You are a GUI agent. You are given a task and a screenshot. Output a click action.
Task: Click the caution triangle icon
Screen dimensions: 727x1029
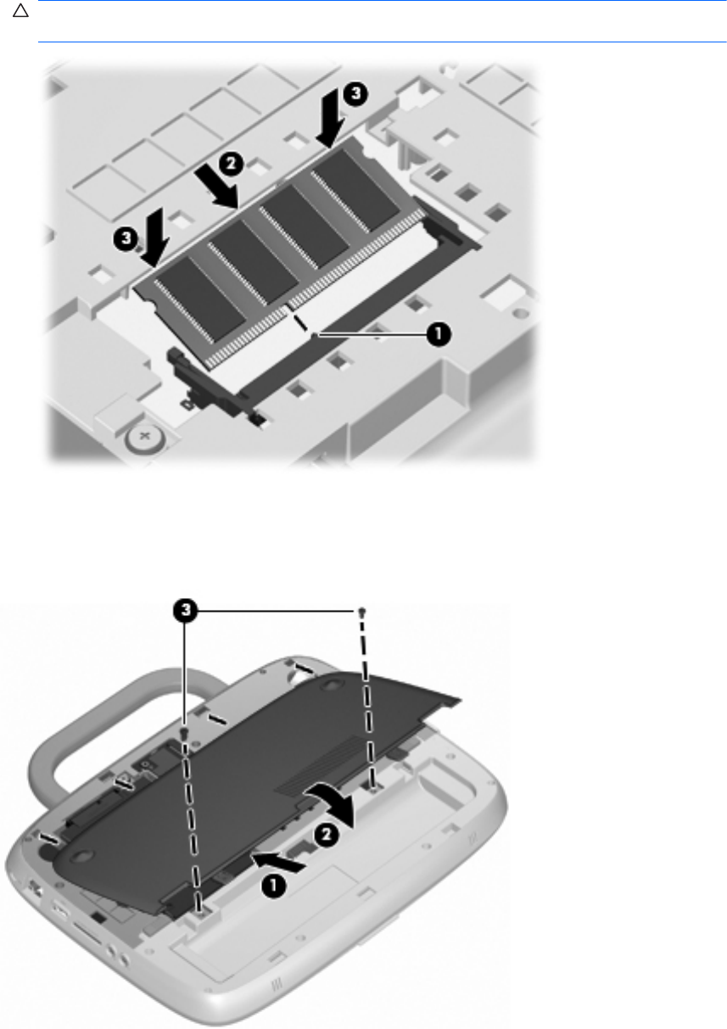[x=20, y=10]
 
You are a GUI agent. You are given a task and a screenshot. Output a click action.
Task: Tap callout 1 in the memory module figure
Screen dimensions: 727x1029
[x=438, y=334]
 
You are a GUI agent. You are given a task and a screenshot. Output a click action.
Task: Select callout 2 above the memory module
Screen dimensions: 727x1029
[x=231, y=164]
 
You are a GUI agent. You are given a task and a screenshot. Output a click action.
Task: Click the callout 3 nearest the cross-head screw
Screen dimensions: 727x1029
[x=126, y=238]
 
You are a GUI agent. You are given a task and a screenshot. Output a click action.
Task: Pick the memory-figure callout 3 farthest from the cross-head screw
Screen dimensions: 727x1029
[x=355, y=93]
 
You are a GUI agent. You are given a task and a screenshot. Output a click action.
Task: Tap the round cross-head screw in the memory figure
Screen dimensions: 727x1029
[x=145, y=436]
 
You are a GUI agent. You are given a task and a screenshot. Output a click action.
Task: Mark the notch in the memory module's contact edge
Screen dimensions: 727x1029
[x=288, y=306]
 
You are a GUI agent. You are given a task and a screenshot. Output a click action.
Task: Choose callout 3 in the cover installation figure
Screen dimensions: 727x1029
[x=185, y=611]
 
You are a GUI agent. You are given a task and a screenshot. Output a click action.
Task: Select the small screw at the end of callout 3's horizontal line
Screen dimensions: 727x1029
[x=362, y=612]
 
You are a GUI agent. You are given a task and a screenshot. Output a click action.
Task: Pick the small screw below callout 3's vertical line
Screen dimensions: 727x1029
[x=184, y=731]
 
